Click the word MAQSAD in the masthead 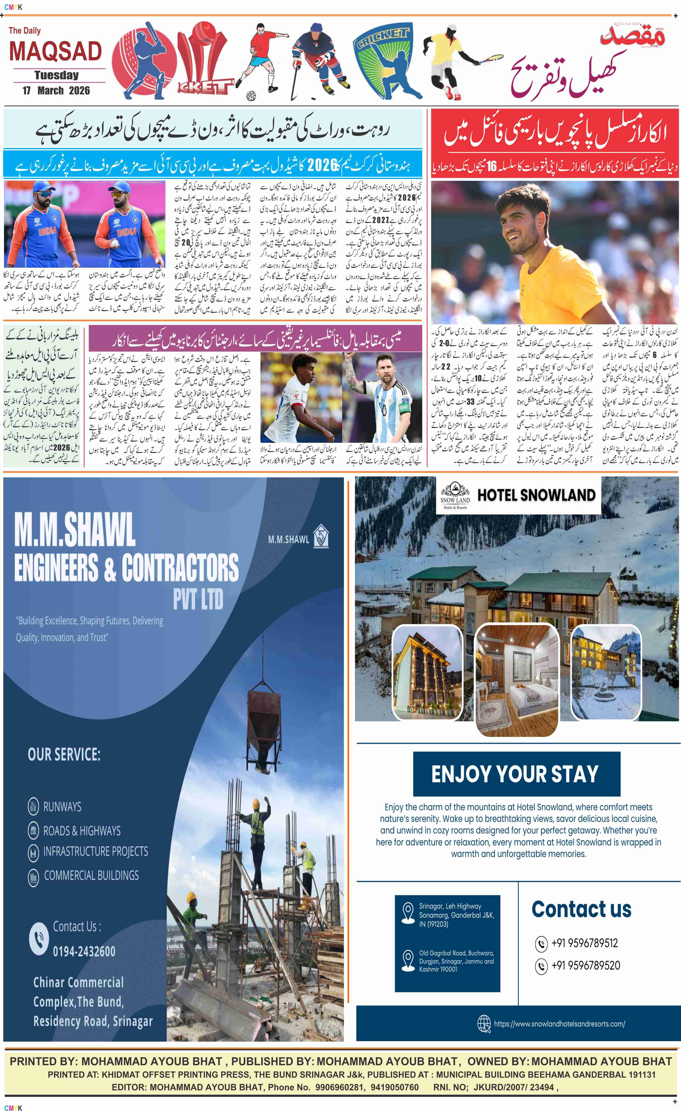[56, 51]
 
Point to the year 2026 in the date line [79, 91]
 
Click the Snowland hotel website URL [559, 1024]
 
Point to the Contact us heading [581, 909]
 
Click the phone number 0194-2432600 [84, 951]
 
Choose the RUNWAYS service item [62, 807]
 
